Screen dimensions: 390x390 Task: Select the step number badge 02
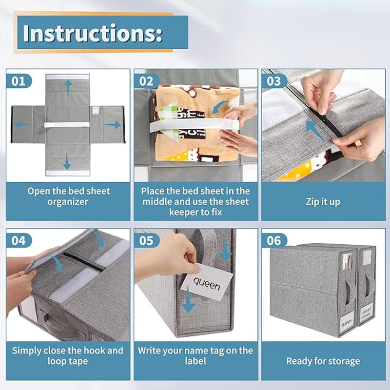point(147,80)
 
